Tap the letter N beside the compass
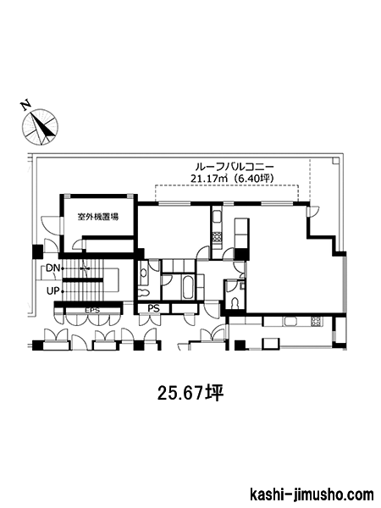25,105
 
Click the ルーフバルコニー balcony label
235,167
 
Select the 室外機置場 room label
98,217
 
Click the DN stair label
52,268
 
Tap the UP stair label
52,291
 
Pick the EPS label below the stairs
92,311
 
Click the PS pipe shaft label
154,309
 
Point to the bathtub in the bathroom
188,288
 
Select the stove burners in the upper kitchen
217,238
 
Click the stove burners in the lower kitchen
316,321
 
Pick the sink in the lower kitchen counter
290,322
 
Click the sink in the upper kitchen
217,217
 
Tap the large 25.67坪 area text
190,394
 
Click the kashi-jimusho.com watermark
312,494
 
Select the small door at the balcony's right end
313,211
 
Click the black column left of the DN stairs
37,251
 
